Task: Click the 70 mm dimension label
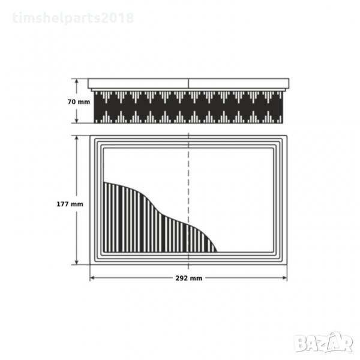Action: (79, 102)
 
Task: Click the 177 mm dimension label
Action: (70, 204)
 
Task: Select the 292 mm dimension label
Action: (189, 278)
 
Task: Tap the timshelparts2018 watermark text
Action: (73, 18)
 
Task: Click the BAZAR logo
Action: (324, 342)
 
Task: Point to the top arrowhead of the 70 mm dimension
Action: (77, 82)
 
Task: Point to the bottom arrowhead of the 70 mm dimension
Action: (77, 120)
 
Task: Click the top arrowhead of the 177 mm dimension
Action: (77, 139)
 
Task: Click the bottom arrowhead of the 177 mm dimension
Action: (77, 262)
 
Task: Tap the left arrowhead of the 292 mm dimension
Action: (92, 278)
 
